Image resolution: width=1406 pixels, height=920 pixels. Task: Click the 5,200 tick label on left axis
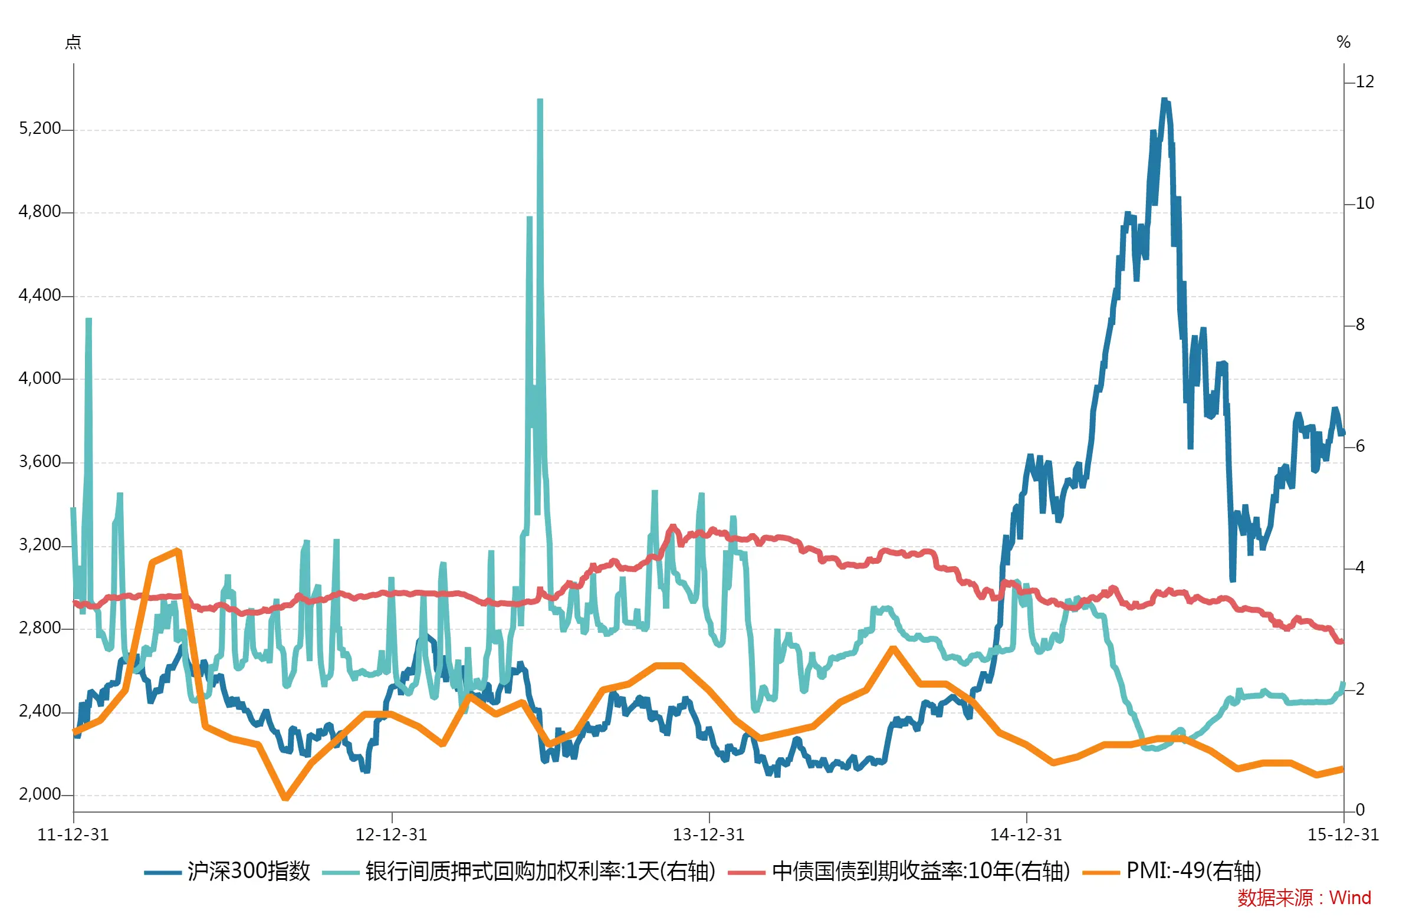40,128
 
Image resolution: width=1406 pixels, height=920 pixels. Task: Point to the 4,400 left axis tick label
40,295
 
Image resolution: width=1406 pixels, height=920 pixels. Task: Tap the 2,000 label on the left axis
40,794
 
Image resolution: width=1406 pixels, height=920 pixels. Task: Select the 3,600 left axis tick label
40,462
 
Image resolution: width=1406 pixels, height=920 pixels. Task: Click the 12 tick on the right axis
1365,81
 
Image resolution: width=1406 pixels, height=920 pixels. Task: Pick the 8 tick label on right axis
1360,324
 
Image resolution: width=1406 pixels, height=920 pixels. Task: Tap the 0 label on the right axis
1360,810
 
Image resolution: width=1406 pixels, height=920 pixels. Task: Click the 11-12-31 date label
73,835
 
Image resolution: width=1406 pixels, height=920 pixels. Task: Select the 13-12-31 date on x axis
709,835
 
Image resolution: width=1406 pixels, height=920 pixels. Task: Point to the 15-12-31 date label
1343,835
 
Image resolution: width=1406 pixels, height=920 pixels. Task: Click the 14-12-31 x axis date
1026,835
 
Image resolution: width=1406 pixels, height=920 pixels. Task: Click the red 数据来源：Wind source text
1304,898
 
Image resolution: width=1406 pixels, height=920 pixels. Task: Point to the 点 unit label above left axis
73,42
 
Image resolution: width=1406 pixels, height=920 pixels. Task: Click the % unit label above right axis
1343,42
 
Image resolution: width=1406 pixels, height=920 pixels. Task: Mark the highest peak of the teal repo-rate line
540,100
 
